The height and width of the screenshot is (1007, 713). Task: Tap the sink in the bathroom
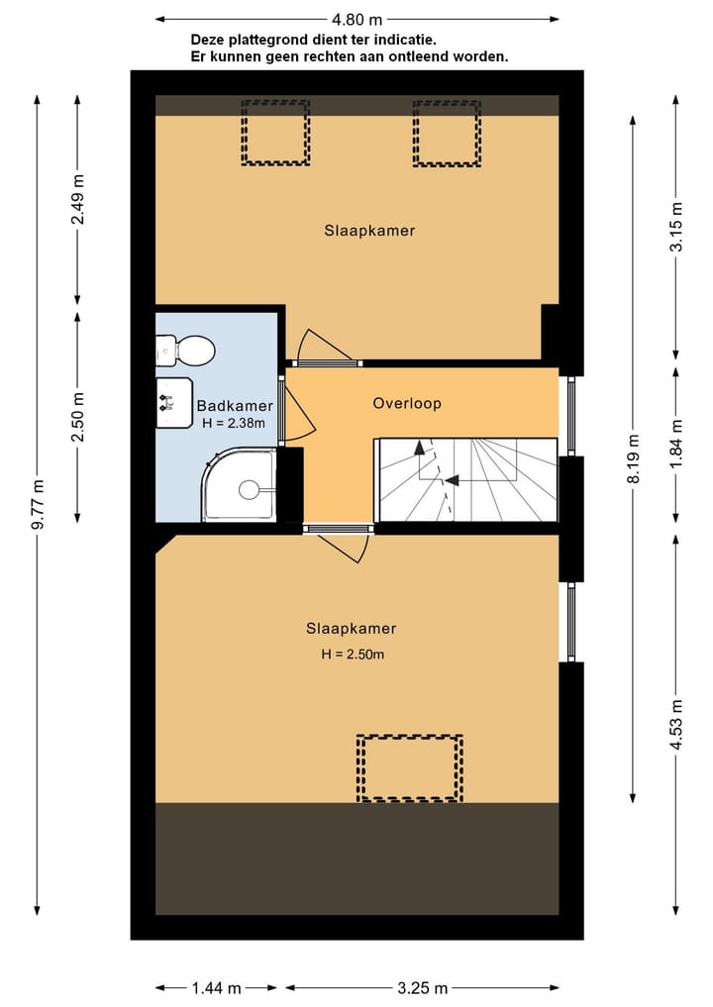[x=173, y=402]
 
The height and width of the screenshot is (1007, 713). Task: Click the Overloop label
[x=407, y=404]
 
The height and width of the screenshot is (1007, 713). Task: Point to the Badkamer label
[x=235, y=406]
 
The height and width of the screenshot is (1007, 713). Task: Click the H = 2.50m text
[x=352, y=654]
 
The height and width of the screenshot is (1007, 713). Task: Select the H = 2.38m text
[x=233, y=423]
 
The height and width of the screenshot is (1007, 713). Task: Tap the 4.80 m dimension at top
[x=357, y=19]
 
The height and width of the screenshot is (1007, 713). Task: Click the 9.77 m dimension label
[x=39, y=505]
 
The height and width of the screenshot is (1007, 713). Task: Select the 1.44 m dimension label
[x=217, y=987]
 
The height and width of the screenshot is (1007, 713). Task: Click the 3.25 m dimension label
[x=423, y=987]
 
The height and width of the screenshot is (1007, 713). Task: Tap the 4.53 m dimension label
[x=677, y=726]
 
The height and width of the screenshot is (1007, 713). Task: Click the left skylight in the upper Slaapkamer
[x=275, y=132]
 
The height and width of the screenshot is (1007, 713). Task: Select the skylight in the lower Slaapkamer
[x=409, y=767]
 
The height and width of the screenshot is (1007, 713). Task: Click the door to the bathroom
[x=287, y=411]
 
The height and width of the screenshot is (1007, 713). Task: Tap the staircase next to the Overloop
[x=466, y=479]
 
